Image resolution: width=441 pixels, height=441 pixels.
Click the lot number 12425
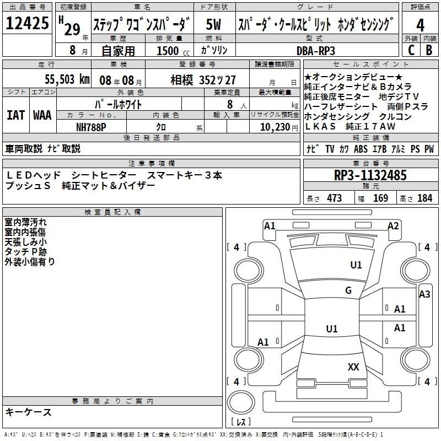click(x=27, y=24)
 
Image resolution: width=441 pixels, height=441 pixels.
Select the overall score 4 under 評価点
click(x=420, y=25)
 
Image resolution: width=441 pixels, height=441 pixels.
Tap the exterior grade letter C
click(x=411, y=50)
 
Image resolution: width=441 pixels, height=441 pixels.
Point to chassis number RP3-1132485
click(x=370, y=176)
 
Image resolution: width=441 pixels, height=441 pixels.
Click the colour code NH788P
click(x=92, y=127)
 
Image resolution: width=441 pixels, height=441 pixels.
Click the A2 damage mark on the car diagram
click(x=393, y=225)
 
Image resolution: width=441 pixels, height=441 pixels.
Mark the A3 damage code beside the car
click(x=424, y=294)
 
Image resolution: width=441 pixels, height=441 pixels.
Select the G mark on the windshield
click(x=348, y=291)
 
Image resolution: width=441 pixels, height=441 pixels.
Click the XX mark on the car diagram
click(x=353, y=367)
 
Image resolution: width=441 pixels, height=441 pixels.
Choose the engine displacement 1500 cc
click(x=168, y=50)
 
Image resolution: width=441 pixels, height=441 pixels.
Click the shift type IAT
click(x=15, y=115)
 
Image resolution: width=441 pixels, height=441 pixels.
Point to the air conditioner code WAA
click(x=42, y=115)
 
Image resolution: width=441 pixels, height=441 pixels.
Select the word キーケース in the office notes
click(x=29, y=412)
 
